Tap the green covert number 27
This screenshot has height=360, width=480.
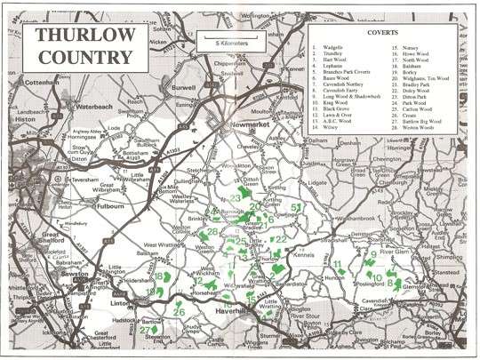(x=145, y=331)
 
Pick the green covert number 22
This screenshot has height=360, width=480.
(x=281, y=239)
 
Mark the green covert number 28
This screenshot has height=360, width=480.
(x=212, y=233)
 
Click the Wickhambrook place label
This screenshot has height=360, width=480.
(x=360, y=216)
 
